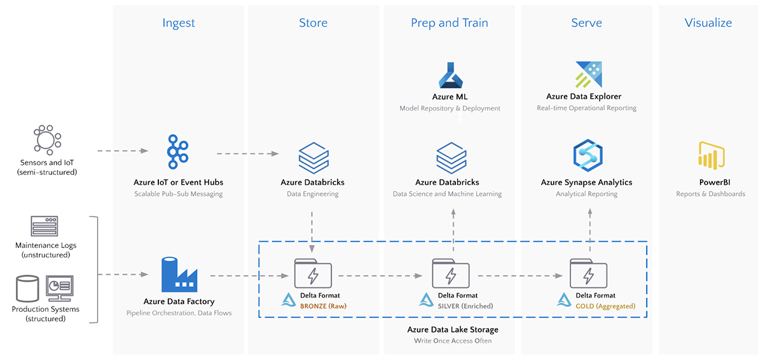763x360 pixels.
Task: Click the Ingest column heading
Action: (x=179, y=23)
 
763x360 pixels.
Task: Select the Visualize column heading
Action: (x=708, y=23)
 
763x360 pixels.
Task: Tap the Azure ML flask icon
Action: (x=453, y=74)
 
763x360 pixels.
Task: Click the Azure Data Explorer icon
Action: (x=588, y=74)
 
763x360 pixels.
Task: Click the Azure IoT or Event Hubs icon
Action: (x=178, y=152)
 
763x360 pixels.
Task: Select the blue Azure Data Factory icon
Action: (x=179, y=275)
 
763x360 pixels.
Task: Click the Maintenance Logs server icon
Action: (x=45, y=226)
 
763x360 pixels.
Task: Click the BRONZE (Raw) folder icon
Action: (x=313, y=274)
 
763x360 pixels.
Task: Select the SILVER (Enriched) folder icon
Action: (x=451, y=274)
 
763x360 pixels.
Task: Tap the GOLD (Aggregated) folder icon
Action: (x=589, y=274)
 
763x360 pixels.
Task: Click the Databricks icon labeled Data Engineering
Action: (x=313, y=156)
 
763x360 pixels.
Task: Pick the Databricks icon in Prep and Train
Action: (x=451, y=156)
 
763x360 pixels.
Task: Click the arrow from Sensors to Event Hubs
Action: (x=123, y=151)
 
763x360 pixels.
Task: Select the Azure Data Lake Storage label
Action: (x=453, y=329)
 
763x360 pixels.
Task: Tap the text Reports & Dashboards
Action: (x=710, y=194)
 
